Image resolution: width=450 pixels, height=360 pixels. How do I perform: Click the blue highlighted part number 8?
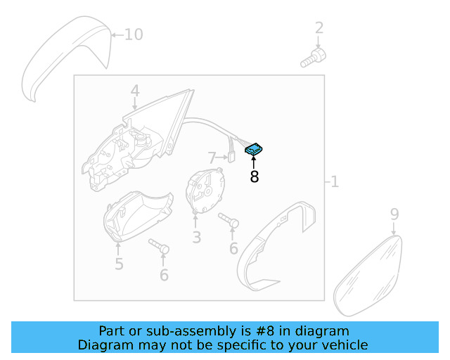253,150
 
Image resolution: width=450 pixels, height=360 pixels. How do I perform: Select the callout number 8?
255,177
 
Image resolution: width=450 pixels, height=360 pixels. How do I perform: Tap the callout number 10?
134,34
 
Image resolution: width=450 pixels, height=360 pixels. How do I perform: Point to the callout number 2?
319,28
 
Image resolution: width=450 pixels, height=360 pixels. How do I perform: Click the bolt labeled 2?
313,58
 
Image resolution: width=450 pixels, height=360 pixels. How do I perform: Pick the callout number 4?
135,91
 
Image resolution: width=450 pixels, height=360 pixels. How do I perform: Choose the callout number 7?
212,157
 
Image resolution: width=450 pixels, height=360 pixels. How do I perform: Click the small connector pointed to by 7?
231,157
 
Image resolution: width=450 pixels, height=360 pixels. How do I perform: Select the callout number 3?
197,238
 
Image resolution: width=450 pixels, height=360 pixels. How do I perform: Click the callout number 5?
119,264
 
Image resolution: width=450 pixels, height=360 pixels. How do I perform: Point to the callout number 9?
394,214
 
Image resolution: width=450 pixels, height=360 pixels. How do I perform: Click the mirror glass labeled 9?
368,276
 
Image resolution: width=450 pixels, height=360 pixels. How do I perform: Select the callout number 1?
335,181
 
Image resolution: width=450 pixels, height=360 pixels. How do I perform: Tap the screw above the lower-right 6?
229,220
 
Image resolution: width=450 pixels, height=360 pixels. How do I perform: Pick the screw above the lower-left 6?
159,246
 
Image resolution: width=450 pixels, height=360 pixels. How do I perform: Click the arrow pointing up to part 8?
253,162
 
